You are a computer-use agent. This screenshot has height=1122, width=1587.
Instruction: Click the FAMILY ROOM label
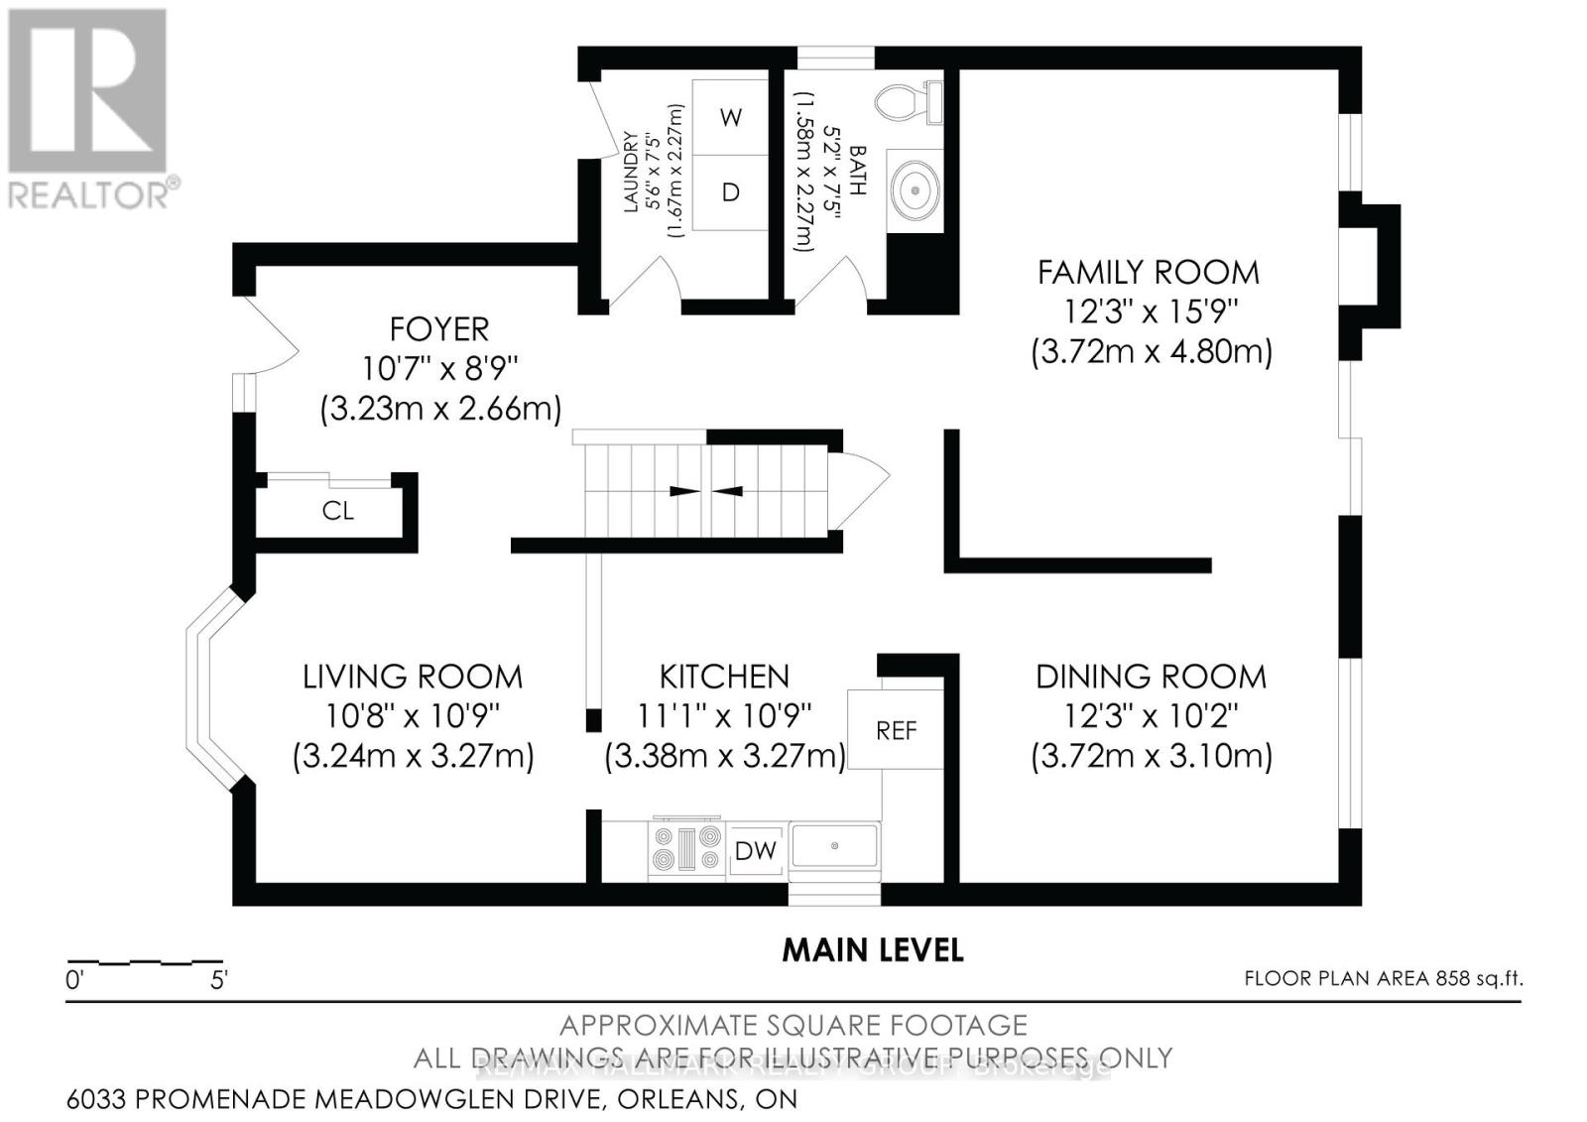1148,272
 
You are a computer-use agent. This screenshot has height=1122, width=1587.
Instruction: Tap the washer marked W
730,118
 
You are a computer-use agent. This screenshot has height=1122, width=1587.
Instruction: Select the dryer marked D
730,192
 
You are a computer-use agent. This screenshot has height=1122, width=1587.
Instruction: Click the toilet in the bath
907,101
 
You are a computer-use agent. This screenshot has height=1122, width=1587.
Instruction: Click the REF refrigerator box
896,730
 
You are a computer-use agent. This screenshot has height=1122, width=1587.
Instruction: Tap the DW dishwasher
756,851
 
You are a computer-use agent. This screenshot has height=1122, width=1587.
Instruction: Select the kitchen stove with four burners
685,848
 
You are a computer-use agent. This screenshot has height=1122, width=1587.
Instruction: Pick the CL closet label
337,511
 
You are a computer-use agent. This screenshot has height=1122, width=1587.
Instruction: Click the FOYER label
439,328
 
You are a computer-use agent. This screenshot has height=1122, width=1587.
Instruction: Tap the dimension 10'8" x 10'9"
413,715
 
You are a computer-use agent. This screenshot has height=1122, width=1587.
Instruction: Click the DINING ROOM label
1151,677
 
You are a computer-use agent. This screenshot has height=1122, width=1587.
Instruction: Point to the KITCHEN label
724,677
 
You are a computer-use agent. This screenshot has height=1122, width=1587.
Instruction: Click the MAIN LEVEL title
873,949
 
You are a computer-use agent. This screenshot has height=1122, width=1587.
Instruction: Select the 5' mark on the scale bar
219,981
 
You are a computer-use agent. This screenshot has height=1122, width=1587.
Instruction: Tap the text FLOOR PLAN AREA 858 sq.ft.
1383,978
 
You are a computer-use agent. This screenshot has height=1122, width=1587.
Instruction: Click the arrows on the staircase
706,491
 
